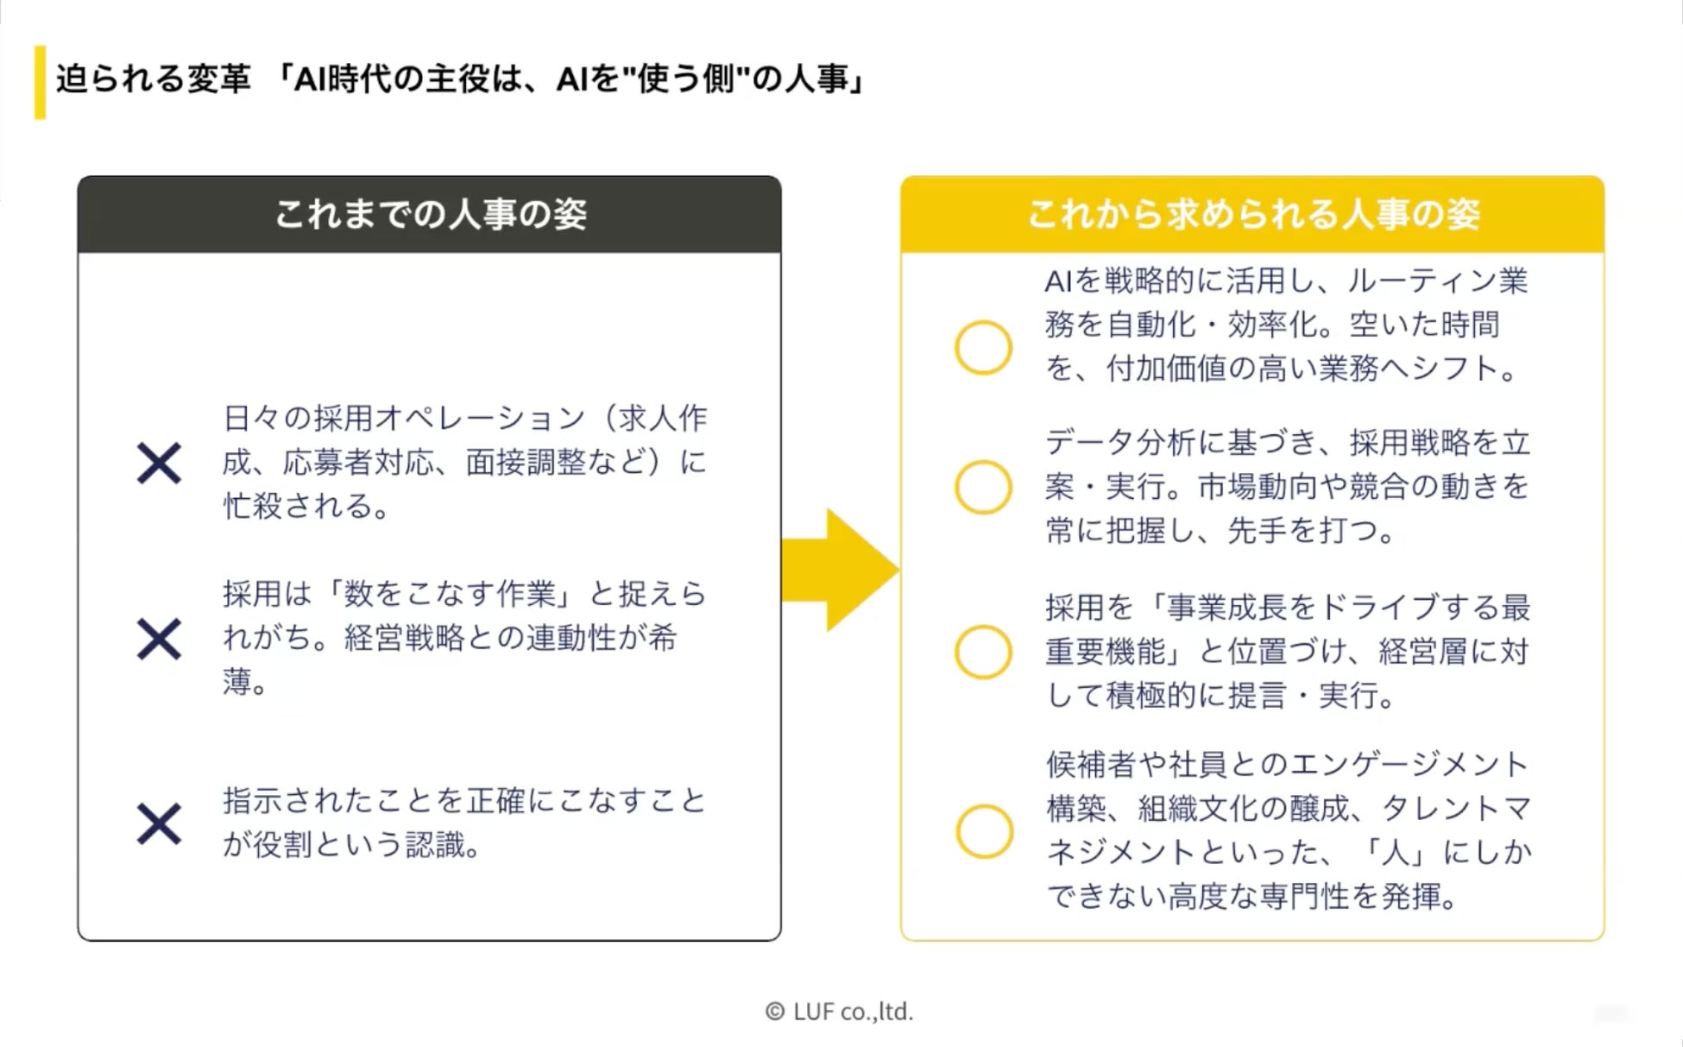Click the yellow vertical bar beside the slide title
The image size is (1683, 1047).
pos(40,82)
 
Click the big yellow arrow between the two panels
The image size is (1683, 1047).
pos(837,570)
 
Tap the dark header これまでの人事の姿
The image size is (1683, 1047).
pos(430,214)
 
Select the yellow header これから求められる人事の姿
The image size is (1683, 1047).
pos(1252,214)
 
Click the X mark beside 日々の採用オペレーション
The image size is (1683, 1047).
pos(159,464)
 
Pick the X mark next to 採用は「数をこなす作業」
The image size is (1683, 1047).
pos(159,639)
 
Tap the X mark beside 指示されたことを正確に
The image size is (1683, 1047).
pos(159,823)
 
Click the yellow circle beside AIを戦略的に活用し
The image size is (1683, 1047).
pos(983,348)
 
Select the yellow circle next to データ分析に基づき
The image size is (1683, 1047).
pos(983,487)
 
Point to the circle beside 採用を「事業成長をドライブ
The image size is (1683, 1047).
pos(983,652)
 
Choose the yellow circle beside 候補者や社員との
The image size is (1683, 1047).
pos(984,831)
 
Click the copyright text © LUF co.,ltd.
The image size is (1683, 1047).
pos(839,1012)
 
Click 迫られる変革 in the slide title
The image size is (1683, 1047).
pos(153,79)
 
